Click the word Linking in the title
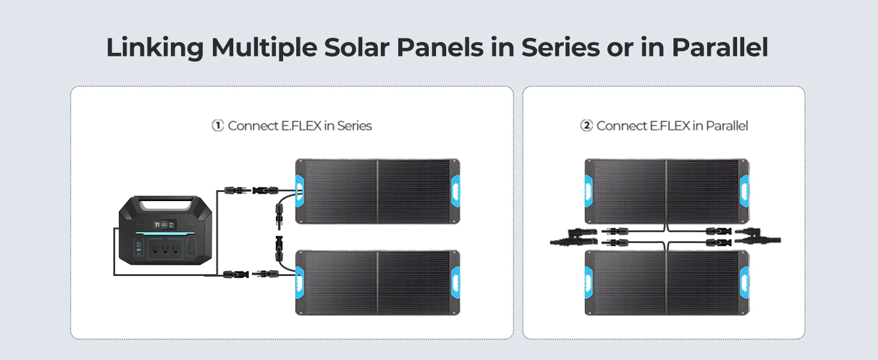tap(155, 48)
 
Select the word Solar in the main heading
tap(357, 47)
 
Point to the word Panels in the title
tap(440, 47)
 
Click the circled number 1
tap(218, 125)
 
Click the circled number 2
tap(587, 125)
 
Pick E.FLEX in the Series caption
tap(301, 126)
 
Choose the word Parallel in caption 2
tap(727, 126)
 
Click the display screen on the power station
tap(164, 225)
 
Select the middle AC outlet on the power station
tap(165, 250)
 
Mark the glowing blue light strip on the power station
tap(166, 235)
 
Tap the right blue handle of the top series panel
tap(455, 192)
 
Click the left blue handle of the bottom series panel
tap(299, 283)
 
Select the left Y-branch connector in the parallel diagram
tap(573, 237)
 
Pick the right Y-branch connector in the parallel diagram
tap(757, 236)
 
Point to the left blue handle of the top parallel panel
tap(588, 191)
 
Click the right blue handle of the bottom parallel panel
tap(744, 283)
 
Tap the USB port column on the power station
tap(139, 248)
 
